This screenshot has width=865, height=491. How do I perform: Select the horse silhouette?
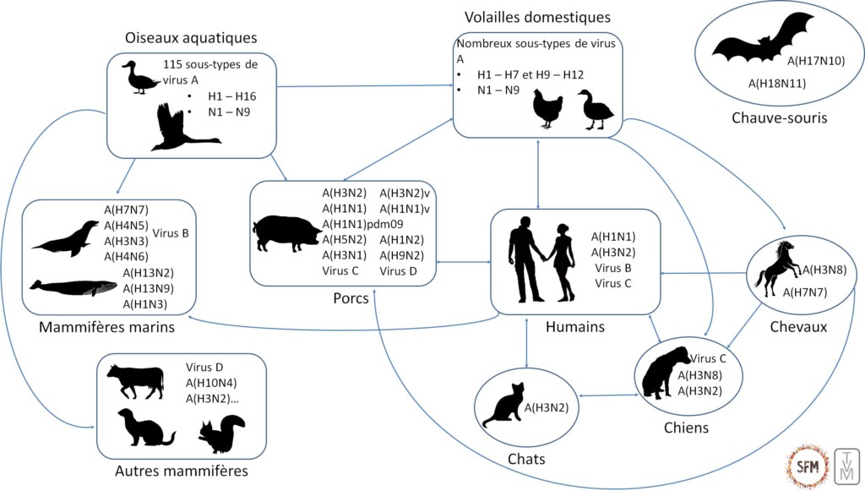[775, 265]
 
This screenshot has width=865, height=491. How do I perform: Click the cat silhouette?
[504, 406]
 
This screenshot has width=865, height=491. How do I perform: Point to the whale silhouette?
[73, 287]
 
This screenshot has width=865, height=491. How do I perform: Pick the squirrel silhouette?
[222, 434]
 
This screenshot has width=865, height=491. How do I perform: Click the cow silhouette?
[135, 381]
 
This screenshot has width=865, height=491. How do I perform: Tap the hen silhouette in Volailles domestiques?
[547, 109]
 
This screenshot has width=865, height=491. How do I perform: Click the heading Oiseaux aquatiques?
[190, 38]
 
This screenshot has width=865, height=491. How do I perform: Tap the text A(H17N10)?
[815, 61]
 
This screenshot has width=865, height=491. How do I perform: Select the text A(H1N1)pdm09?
[362, 224]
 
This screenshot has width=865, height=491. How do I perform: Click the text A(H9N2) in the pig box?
[402, 255]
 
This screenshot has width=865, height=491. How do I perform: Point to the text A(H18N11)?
[777, 83]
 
